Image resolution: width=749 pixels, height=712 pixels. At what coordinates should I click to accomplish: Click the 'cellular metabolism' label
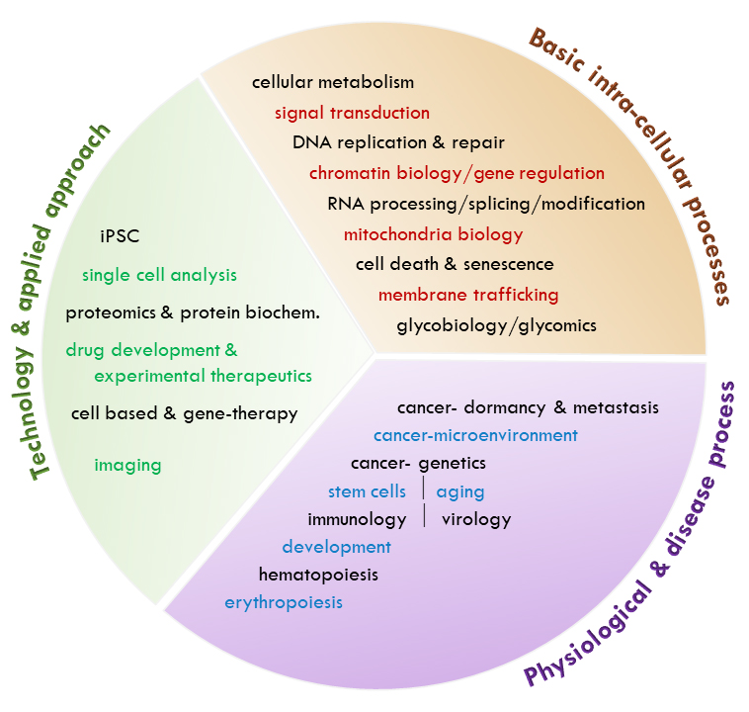[x=332, y=82]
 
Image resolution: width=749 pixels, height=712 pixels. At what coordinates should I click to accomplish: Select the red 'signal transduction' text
[x=352, y=113]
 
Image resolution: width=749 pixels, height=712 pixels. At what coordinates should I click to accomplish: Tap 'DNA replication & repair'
[x=397, y=142]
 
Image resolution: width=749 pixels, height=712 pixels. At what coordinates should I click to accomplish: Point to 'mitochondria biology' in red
[x=433, y=234]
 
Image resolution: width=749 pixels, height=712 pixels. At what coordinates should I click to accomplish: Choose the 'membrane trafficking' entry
[x=468, y=295]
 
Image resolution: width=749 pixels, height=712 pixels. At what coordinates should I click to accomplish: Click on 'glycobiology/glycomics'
[x=496, y=324]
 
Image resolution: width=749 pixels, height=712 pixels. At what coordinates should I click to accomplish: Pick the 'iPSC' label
[x=120, y=236]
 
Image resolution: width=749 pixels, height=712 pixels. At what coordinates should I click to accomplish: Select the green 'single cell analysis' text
[x=159, y=275]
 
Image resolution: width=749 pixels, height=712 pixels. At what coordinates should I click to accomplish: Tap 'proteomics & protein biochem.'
[x=193, y=313]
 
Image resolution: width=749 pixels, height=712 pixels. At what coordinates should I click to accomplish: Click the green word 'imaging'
[x=127, y=464]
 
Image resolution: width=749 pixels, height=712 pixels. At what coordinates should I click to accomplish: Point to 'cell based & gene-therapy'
[x=184, y=413]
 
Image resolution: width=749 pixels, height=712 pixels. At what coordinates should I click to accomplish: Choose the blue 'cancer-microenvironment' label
[x=475, y=435]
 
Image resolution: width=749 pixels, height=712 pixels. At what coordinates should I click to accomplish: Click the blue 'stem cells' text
[x=367, y=491]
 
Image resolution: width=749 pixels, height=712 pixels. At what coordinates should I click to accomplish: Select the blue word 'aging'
[x=460, y=491]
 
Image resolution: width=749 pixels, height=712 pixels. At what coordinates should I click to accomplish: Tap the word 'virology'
[x=476, y=519]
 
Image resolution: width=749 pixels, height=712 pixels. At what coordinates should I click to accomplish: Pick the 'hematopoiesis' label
[x=318, y=574]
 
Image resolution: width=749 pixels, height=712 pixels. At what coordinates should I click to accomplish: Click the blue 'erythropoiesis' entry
[x=284, y=601]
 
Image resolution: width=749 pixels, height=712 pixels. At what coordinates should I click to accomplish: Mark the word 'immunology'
[x=357, y=519]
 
